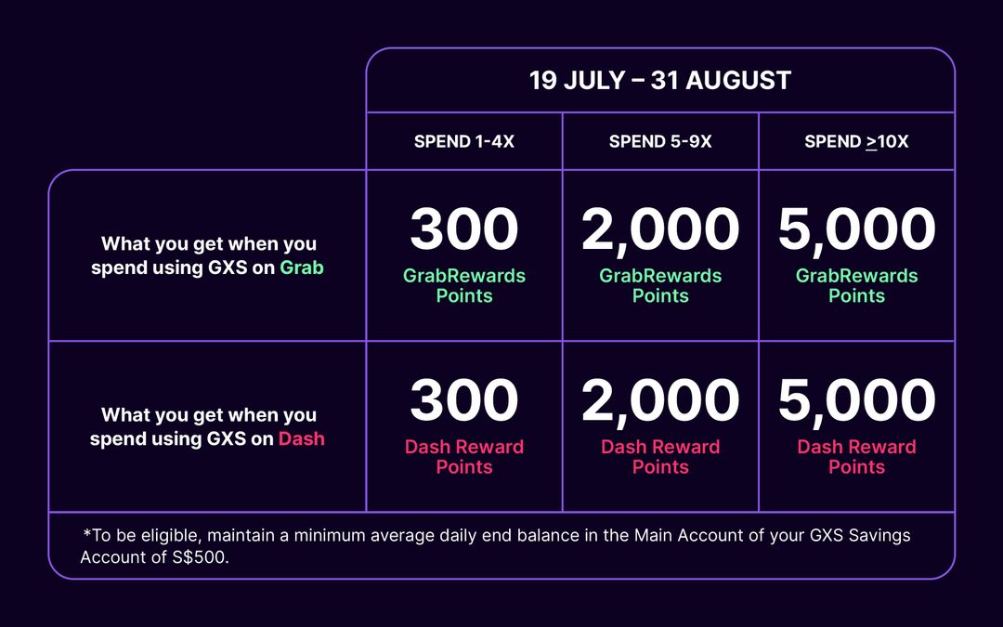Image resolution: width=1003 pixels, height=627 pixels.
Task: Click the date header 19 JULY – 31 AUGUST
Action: (x=659, y=81)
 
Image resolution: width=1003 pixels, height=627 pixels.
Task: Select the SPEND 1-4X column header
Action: (x=464, y=142)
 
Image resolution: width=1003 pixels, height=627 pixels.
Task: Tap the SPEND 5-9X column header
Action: (x=660, y=142)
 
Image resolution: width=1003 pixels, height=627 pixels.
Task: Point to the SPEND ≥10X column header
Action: (x=856, y=142)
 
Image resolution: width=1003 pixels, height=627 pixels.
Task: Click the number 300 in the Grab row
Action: (x=464, y=230)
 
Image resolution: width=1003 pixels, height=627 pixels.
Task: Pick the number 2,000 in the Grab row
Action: (x=660, y=230)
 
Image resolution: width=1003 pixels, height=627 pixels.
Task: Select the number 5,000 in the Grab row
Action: (x=856, y=230)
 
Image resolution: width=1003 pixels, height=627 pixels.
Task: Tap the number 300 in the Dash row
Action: (x=464, y=401)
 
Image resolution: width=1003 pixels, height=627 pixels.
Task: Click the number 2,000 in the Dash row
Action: (x=660, y=401)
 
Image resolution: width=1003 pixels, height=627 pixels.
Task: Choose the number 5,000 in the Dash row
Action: (x=856, y=401)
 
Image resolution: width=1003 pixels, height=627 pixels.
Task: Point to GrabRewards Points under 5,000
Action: (x=856, y=286)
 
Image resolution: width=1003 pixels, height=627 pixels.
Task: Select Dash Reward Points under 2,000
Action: (x=660, y=457)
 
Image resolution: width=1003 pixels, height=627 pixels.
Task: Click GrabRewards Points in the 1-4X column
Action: (x=464, y=286)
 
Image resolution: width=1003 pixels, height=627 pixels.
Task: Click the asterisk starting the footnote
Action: (x=86, y=534)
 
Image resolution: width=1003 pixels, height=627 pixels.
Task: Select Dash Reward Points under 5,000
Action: (x=856, y=457)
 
